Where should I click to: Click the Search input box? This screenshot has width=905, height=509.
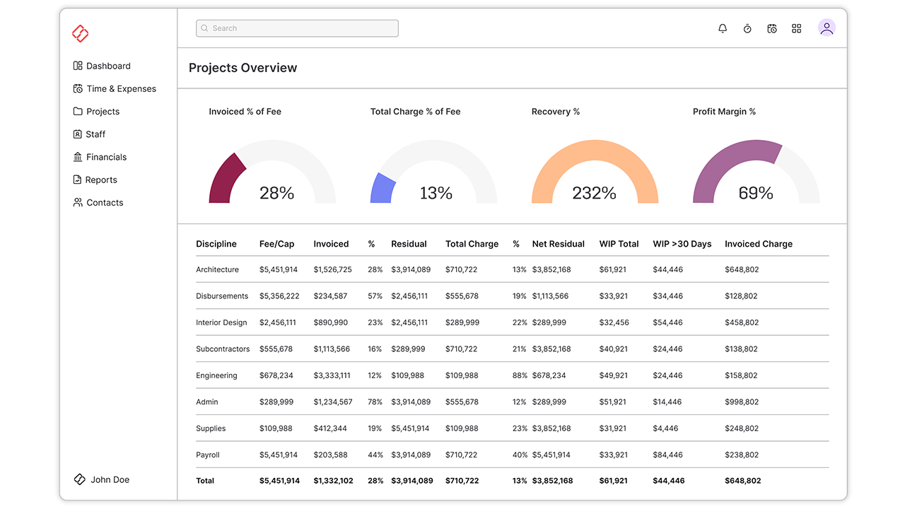(x=297, y=28)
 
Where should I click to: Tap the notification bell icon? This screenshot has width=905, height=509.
(x=723, y=28)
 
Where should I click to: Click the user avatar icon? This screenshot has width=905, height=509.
(x=827, y=28)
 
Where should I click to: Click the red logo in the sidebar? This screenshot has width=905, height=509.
(x=81, y=33)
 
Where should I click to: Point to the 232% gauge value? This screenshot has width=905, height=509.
(x=595, y=193)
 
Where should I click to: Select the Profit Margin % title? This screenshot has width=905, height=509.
(x=724, y=112)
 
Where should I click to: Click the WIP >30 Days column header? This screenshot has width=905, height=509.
(x=682, y=244)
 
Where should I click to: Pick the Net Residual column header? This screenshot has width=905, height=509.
(x=558, y=244)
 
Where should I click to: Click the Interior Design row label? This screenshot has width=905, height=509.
(x=221, y=322)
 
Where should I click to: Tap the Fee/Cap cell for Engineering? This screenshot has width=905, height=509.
(x=276, y=375)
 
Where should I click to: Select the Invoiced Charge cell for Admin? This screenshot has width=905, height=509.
(x=741, y=402)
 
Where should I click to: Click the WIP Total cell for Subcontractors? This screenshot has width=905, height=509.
(x=613, y=349)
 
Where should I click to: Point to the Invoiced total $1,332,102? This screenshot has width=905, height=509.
(x=333, y=481)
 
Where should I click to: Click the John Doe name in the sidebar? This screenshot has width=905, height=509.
(x=110, y=480)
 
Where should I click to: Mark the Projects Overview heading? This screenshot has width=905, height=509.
(x=243, y=69)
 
